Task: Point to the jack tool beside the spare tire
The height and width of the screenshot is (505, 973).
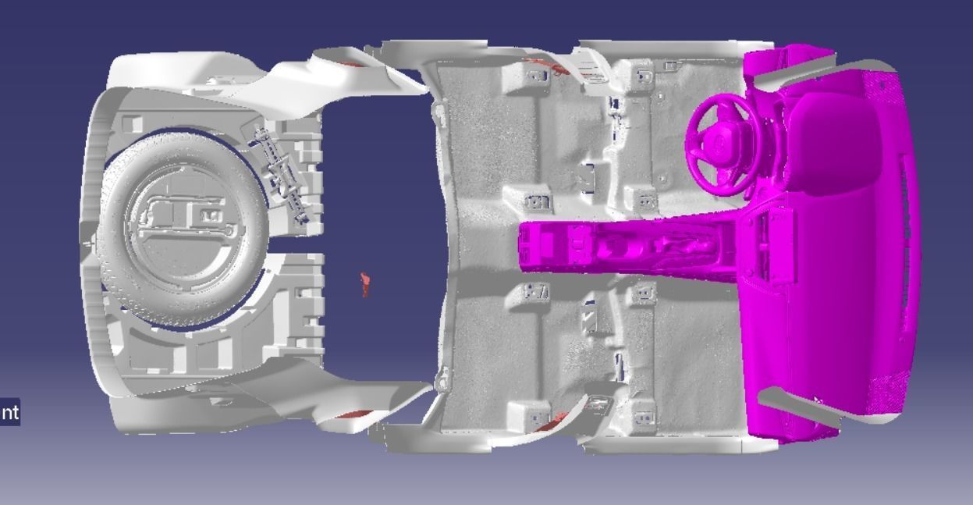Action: click(281, 172)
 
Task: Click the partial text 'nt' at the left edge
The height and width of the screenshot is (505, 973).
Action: click(9, 411)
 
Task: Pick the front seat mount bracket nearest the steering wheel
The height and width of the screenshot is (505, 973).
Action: click(644, 76)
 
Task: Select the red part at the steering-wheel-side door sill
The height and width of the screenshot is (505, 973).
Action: click(546, 66)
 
